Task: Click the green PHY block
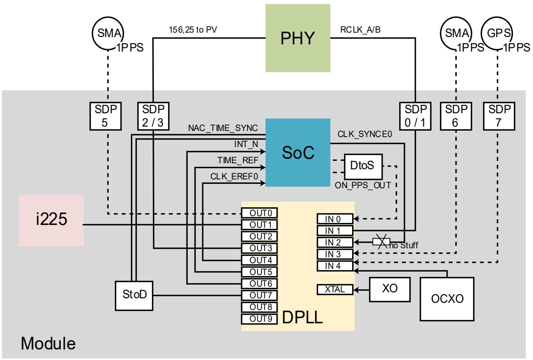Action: click(x=298, y=38)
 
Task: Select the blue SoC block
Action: click(x=298, y=152)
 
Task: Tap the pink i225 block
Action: click(x=52, y=221)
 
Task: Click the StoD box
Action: click(x=134, y=296)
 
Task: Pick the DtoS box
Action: click(x=363, y=166)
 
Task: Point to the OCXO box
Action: click(x=447, y=299)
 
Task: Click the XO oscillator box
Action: click(x=390, y=289)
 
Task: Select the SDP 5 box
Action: click(x=106, y=116)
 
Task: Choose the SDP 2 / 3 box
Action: click(x=153, y=116)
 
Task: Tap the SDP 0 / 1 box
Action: click(x=415, y=116)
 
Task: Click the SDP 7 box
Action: click(x=499, y=116)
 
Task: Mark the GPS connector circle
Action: click(x=497, y=33)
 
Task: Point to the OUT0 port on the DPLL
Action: click(x=259, y=213)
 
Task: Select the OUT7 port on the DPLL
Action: click(x=259, y=295)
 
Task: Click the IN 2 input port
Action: click(x=335, y=242)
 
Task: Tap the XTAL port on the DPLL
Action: click(x=335, y=289)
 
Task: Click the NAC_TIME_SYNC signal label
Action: click(x=223, y=128)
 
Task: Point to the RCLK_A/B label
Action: click(x=360, y=30)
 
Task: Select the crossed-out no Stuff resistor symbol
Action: click(x=382, y=242)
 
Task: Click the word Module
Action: click(x=48, y=343)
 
